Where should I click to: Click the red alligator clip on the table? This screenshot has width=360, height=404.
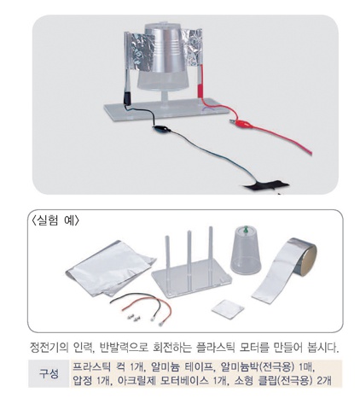(x=241, y=123)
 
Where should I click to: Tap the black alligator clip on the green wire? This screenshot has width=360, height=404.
(x=161, y=128)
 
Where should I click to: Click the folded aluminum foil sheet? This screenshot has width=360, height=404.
(x=110, y=267)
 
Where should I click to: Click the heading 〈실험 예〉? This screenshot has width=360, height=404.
(x=53, y=220)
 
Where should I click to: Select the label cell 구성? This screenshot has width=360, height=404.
(x=49, y=373)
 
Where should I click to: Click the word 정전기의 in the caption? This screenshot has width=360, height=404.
(x=49, y=348)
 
